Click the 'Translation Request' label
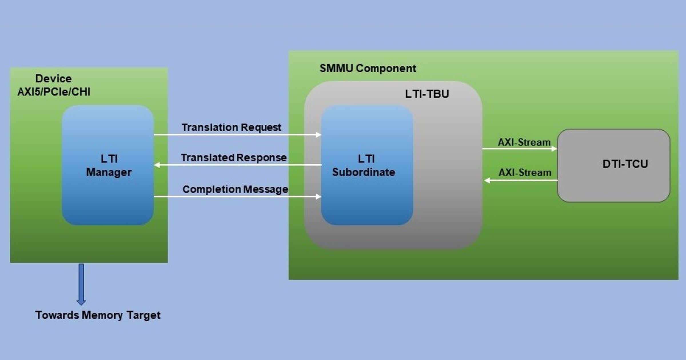coord(232,127)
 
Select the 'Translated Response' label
coord(234,158)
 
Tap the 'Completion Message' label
coord(235,189)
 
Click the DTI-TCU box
coord(613,165)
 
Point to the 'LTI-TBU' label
coord(427,94)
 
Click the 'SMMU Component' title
coord(368,68)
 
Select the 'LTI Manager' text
coord(109,165)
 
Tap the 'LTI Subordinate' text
coord(364,165)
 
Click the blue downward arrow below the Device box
coord(81,284)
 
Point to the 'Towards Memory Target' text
coord(98,315)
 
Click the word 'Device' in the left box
coord(53,79)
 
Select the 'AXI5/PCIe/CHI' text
coord(54,92)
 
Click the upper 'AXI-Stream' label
coord(524,142)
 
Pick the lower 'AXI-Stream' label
coord(525,173)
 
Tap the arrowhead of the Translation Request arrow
coord(318,135)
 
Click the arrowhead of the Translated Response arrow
coord(157,165)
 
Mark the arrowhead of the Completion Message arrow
coord(318,197)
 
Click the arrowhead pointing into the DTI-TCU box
coord(554,149)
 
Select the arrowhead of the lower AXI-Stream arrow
coord(487,180)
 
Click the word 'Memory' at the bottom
coord(102,315)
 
